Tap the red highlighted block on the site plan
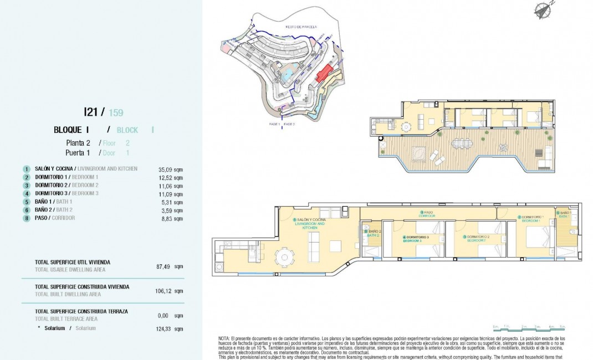[325, 74]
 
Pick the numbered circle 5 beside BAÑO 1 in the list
[26, 202]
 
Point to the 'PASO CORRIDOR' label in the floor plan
[427, 214]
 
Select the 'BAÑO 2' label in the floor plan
[375, 232]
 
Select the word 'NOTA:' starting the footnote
[224, 338]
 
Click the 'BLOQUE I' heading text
[72, 130]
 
